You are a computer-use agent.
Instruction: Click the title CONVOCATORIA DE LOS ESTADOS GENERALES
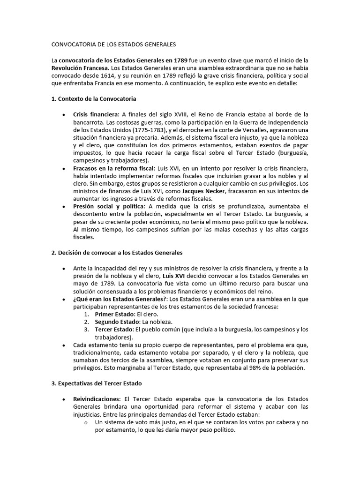pyautogui.click(x=113, y=45)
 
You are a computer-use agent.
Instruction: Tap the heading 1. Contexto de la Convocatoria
pyautogui.click(x=94, y=99)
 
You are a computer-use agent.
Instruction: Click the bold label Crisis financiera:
pyautogui.click(x=96, y=114)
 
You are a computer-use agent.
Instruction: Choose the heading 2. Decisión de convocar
pyautogui.click(x=117, y=253)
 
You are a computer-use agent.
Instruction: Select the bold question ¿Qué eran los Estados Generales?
pyautogui.click(x=120, y=299)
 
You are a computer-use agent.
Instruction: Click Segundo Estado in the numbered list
pyautogui.click(x=116, y=322)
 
